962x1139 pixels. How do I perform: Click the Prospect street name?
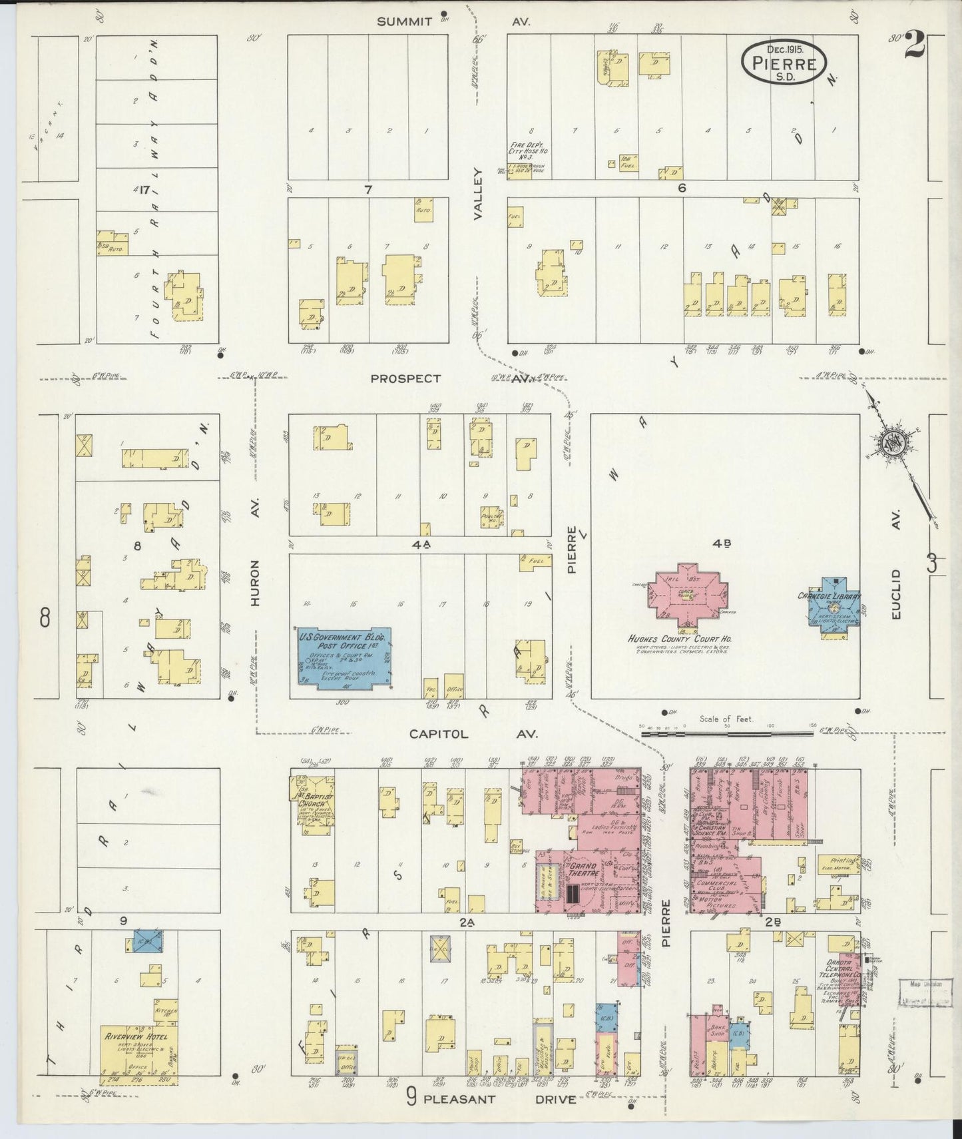coord(405,378)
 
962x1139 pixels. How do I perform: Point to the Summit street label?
coord(404,22)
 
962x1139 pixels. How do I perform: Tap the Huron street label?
coord(255,583)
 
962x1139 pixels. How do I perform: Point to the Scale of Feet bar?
coord(726,733)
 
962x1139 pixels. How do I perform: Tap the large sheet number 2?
coord(915,47)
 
